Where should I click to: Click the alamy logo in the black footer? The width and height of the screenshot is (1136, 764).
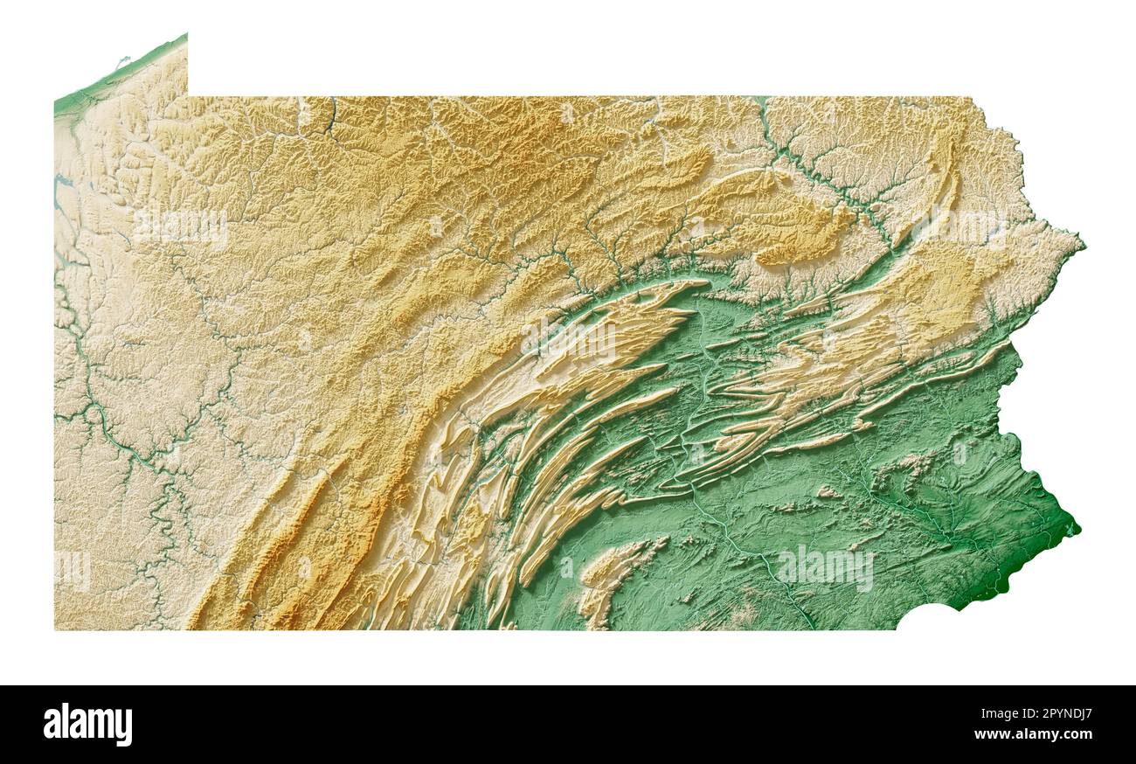[87, 725]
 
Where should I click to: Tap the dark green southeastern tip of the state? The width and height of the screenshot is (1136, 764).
[1073, 527]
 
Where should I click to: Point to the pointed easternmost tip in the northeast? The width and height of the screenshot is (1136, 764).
[1083, 246]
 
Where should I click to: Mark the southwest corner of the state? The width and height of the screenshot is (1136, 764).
[55, 628]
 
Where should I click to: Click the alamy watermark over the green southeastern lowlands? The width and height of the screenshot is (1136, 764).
[824, 568]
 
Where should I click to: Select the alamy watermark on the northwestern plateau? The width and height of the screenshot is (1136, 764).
[181, 226]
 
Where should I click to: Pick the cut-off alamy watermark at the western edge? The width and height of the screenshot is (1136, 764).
[73, 570]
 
